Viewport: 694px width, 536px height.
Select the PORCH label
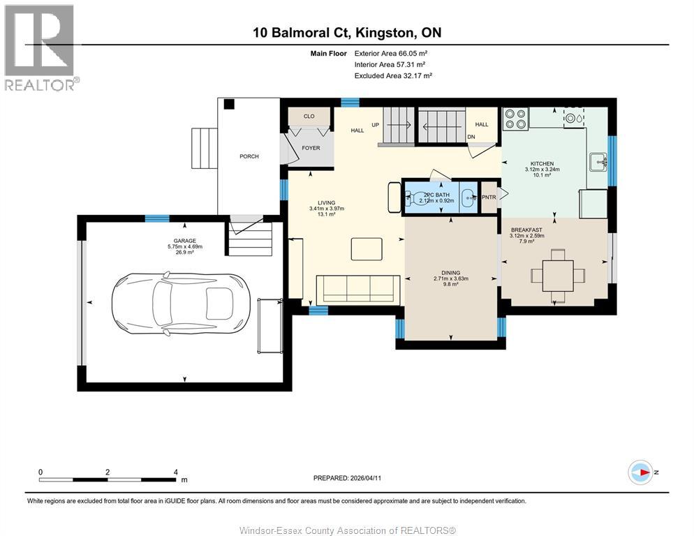click(x=249, y=156)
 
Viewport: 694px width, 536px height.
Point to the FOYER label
click(x=310, y=148)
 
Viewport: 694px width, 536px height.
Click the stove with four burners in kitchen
click(x=515, y=119)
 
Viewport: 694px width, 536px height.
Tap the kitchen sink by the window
click(x=599, y=163)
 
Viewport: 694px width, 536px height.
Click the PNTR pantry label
click(x=489, y=198)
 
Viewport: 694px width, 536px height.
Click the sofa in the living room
click(x=357, y=288)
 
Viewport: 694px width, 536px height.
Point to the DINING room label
click(x=450, y=273)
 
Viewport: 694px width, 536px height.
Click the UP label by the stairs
click(x=375, y=125)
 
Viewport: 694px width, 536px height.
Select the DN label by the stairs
click(x=471, y=137)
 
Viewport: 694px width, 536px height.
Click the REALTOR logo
click(x=41, y=48)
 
